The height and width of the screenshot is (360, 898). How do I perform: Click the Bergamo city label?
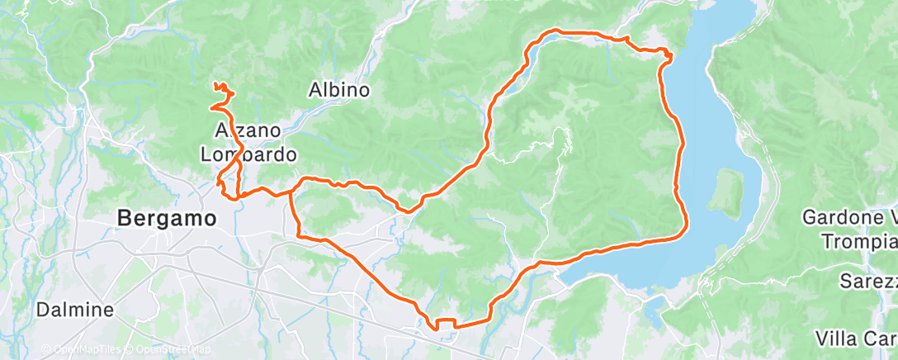(x=168, y=219)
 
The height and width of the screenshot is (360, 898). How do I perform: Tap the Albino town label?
(x=338, y=90)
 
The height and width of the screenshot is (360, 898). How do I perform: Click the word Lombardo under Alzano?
(x=248, y=154)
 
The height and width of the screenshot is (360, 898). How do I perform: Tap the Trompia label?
(x=858, y=242)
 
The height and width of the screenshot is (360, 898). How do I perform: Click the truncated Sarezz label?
(x=868, y=281)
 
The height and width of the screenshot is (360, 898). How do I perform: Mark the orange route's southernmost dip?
(x=436, y=329)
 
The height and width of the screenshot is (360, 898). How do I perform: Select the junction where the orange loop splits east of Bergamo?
(x=291, y=191)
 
